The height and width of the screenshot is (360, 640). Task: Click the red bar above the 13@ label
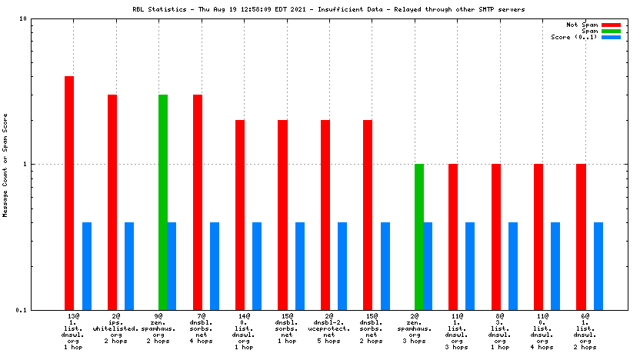[x=69, y=192]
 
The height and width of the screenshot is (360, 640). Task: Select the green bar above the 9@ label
[x=163, y=202]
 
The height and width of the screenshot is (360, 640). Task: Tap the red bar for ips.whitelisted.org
[x=112, y=202]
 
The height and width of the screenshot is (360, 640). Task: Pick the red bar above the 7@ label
[x=198, y=202]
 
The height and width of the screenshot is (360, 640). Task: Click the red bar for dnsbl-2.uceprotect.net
[x=325, y=215]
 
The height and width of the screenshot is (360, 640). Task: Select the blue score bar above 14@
[x=257, y=265]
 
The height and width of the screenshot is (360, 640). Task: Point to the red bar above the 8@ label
[x=496, y=236]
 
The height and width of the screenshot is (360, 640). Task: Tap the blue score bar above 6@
[x=598, y=265]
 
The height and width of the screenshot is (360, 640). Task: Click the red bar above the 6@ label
[x=582, y=236]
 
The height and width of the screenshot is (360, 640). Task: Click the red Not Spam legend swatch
[x=611, y=25]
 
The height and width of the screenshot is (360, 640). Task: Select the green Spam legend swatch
[x=611, y=31]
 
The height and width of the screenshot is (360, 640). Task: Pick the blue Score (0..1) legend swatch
[x=611, y=37]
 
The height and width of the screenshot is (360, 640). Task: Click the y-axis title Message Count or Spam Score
[x=5, y=165]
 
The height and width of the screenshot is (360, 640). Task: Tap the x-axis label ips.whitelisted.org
[x=115, y=328]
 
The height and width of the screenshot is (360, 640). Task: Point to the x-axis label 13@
[x=74, y=316]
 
